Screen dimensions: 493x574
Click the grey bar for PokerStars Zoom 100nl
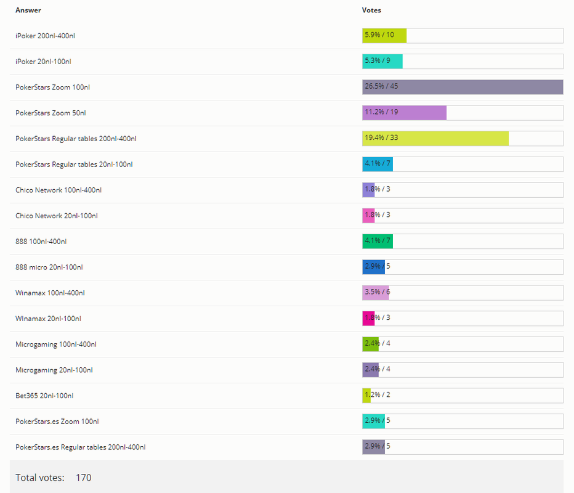coord(462,87)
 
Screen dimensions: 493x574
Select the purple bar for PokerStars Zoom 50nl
coord(404,113)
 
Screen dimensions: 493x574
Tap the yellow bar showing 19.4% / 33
coord(435,139)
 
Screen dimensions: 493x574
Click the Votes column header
coord(371,10)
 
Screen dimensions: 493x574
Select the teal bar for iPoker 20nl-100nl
coord(382,62)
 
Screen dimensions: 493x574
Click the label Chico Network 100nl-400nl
coord(59,190)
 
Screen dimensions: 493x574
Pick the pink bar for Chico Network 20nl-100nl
coord(368,216)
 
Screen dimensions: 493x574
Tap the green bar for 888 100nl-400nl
coord(378,241)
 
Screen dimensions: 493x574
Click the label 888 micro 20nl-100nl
coord(49,267)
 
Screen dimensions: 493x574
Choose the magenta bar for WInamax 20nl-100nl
coord(368,319)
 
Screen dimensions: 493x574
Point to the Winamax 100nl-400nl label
coord(50,293)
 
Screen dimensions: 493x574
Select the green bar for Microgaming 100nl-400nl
coord(370,344)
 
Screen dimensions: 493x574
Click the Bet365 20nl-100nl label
coord(44,396)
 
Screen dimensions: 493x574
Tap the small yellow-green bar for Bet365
coord(366,396)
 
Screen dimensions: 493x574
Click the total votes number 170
coord(83,478)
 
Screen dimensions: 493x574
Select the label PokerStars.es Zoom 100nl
coord(57,422)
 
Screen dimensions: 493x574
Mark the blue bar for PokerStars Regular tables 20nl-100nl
coord(378,164)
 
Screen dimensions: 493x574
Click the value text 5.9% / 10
coord(379,35)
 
